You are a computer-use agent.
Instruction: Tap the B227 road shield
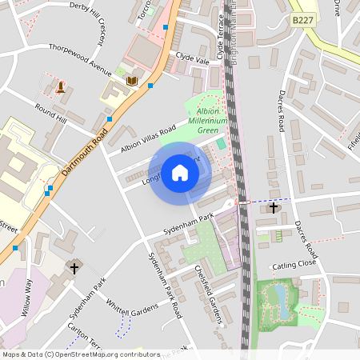click(302, 20)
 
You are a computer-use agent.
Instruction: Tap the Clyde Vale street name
click(192, 59)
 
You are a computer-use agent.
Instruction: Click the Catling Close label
click(294, 262)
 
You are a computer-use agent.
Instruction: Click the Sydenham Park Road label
click(166, 284)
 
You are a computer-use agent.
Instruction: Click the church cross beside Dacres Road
click(274, 207)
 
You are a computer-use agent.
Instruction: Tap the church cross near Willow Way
click(74, 269)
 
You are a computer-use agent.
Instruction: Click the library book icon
click(132, 81)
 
